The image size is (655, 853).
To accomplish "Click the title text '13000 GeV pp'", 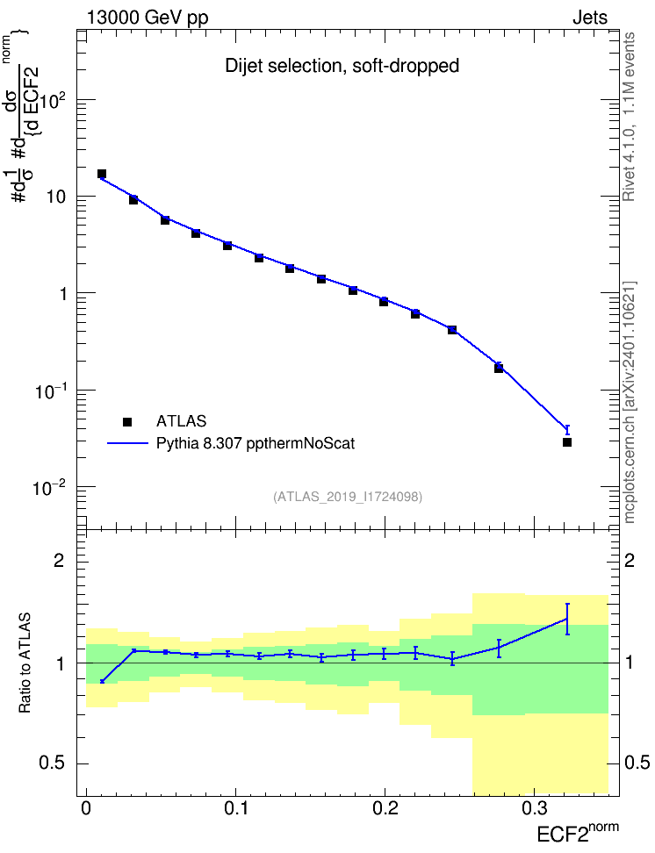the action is coord(148,18).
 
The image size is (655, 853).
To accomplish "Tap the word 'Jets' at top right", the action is coord(590,18).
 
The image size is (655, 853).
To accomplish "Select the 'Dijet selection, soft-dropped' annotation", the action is coord(342,66).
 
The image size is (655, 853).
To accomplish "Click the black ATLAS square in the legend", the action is coord(127,421).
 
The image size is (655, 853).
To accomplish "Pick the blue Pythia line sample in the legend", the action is coord(127,443).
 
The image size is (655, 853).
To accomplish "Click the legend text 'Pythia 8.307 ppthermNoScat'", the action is coord(256,443).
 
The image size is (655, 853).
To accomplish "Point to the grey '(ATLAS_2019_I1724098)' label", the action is coord(348,496).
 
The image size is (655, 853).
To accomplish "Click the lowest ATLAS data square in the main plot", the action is coord(567,442).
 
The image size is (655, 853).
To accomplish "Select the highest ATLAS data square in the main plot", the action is coord(102,174).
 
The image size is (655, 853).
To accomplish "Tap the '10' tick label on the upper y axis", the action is coord(56,197).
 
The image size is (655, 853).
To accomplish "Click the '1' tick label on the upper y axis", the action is coord(63,294).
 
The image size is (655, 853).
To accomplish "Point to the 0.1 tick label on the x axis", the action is coord(236,808).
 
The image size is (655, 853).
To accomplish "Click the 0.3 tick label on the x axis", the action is coord(535,808).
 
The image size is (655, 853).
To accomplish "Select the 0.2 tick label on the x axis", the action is coord(385,808).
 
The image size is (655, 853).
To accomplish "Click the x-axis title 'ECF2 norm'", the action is coord(578,832).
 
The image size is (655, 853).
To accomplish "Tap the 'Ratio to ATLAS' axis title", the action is coord(25,663).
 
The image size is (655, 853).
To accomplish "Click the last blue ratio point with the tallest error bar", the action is coord(567,619).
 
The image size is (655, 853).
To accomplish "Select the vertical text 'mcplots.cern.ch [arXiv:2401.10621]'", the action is coord(630,402).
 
